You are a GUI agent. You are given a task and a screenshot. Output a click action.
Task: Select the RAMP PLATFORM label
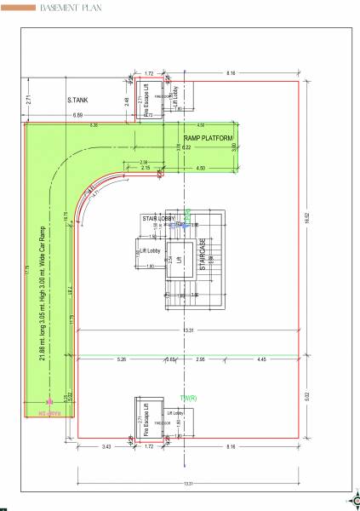pos(209,136)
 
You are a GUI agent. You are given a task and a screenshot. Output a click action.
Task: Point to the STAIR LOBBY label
pos(159,219)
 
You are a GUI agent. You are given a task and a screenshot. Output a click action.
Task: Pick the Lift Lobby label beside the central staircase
pos(151,251)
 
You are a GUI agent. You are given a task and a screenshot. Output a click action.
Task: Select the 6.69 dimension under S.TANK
pos(77,114)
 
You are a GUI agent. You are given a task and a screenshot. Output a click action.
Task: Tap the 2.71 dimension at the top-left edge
pos(28,100)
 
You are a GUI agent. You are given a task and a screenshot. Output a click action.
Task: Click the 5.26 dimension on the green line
pos(121,359)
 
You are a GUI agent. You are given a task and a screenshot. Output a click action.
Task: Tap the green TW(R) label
pos(188,398)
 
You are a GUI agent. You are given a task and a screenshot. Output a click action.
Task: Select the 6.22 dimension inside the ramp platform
pos(188,147)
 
